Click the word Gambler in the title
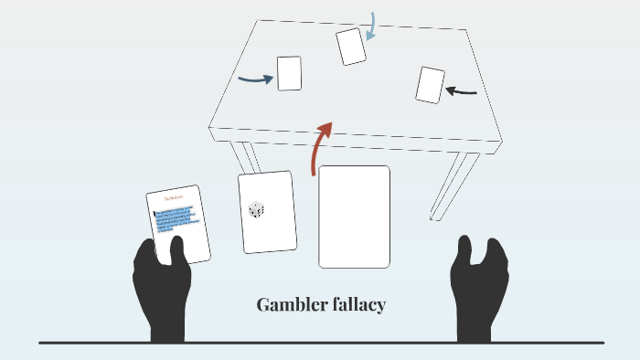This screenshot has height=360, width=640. [286, 305]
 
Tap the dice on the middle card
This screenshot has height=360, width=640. [257, 210]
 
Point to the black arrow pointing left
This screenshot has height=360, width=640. [462, 90]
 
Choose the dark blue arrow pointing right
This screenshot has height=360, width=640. [255, 79]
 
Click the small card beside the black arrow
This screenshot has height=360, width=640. [430, 85]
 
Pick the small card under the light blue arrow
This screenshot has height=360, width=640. [351, 46]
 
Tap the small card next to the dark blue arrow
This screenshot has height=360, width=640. [289, 73]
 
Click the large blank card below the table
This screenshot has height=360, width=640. [354, 217]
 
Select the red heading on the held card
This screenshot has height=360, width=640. [174, 197]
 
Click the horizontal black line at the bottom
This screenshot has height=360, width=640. [320, 343]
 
